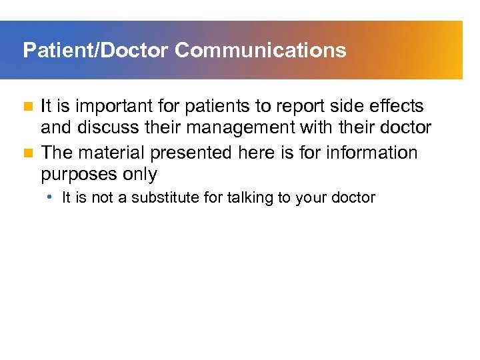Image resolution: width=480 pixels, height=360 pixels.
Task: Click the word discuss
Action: tap(107, 128)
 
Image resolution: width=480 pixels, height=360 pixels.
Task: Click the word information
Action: tap(375, 153)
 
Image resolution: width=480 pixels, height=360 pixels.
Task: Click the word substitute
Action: tap(164, 198)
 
